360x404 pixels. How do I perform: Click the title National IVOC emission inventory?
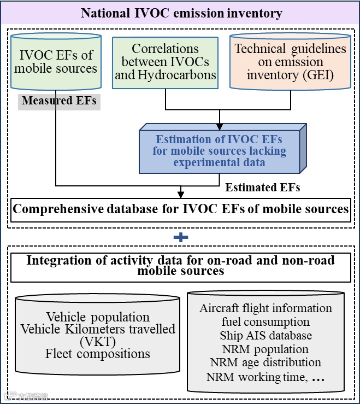click(181, 13)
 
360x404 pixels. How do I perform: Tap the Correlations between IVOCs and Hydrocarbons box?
click(166, 62)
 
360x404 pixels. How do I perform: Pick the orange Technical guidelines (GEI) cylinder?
click(290, 62)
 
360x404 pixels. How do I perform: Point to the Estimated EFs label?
click(263, 188)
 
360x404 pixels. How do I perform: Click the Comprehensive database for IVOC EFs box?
click(180, 209)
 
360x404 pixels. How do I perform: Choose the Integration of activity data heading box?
click(181, 266)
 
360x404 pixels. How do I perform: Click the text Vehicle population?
click(98, 317)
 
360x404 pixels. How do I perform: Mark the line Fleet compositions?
click(98, 354)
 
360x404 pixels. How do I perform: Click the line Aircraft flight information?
click(265, 308)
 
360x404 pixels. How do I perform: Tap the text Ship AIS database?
click(265, 335)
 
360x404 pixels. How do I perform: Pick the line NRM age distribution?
click(265, 362)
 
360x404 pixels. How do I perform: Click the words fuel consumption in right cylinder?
click(265, 322)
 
